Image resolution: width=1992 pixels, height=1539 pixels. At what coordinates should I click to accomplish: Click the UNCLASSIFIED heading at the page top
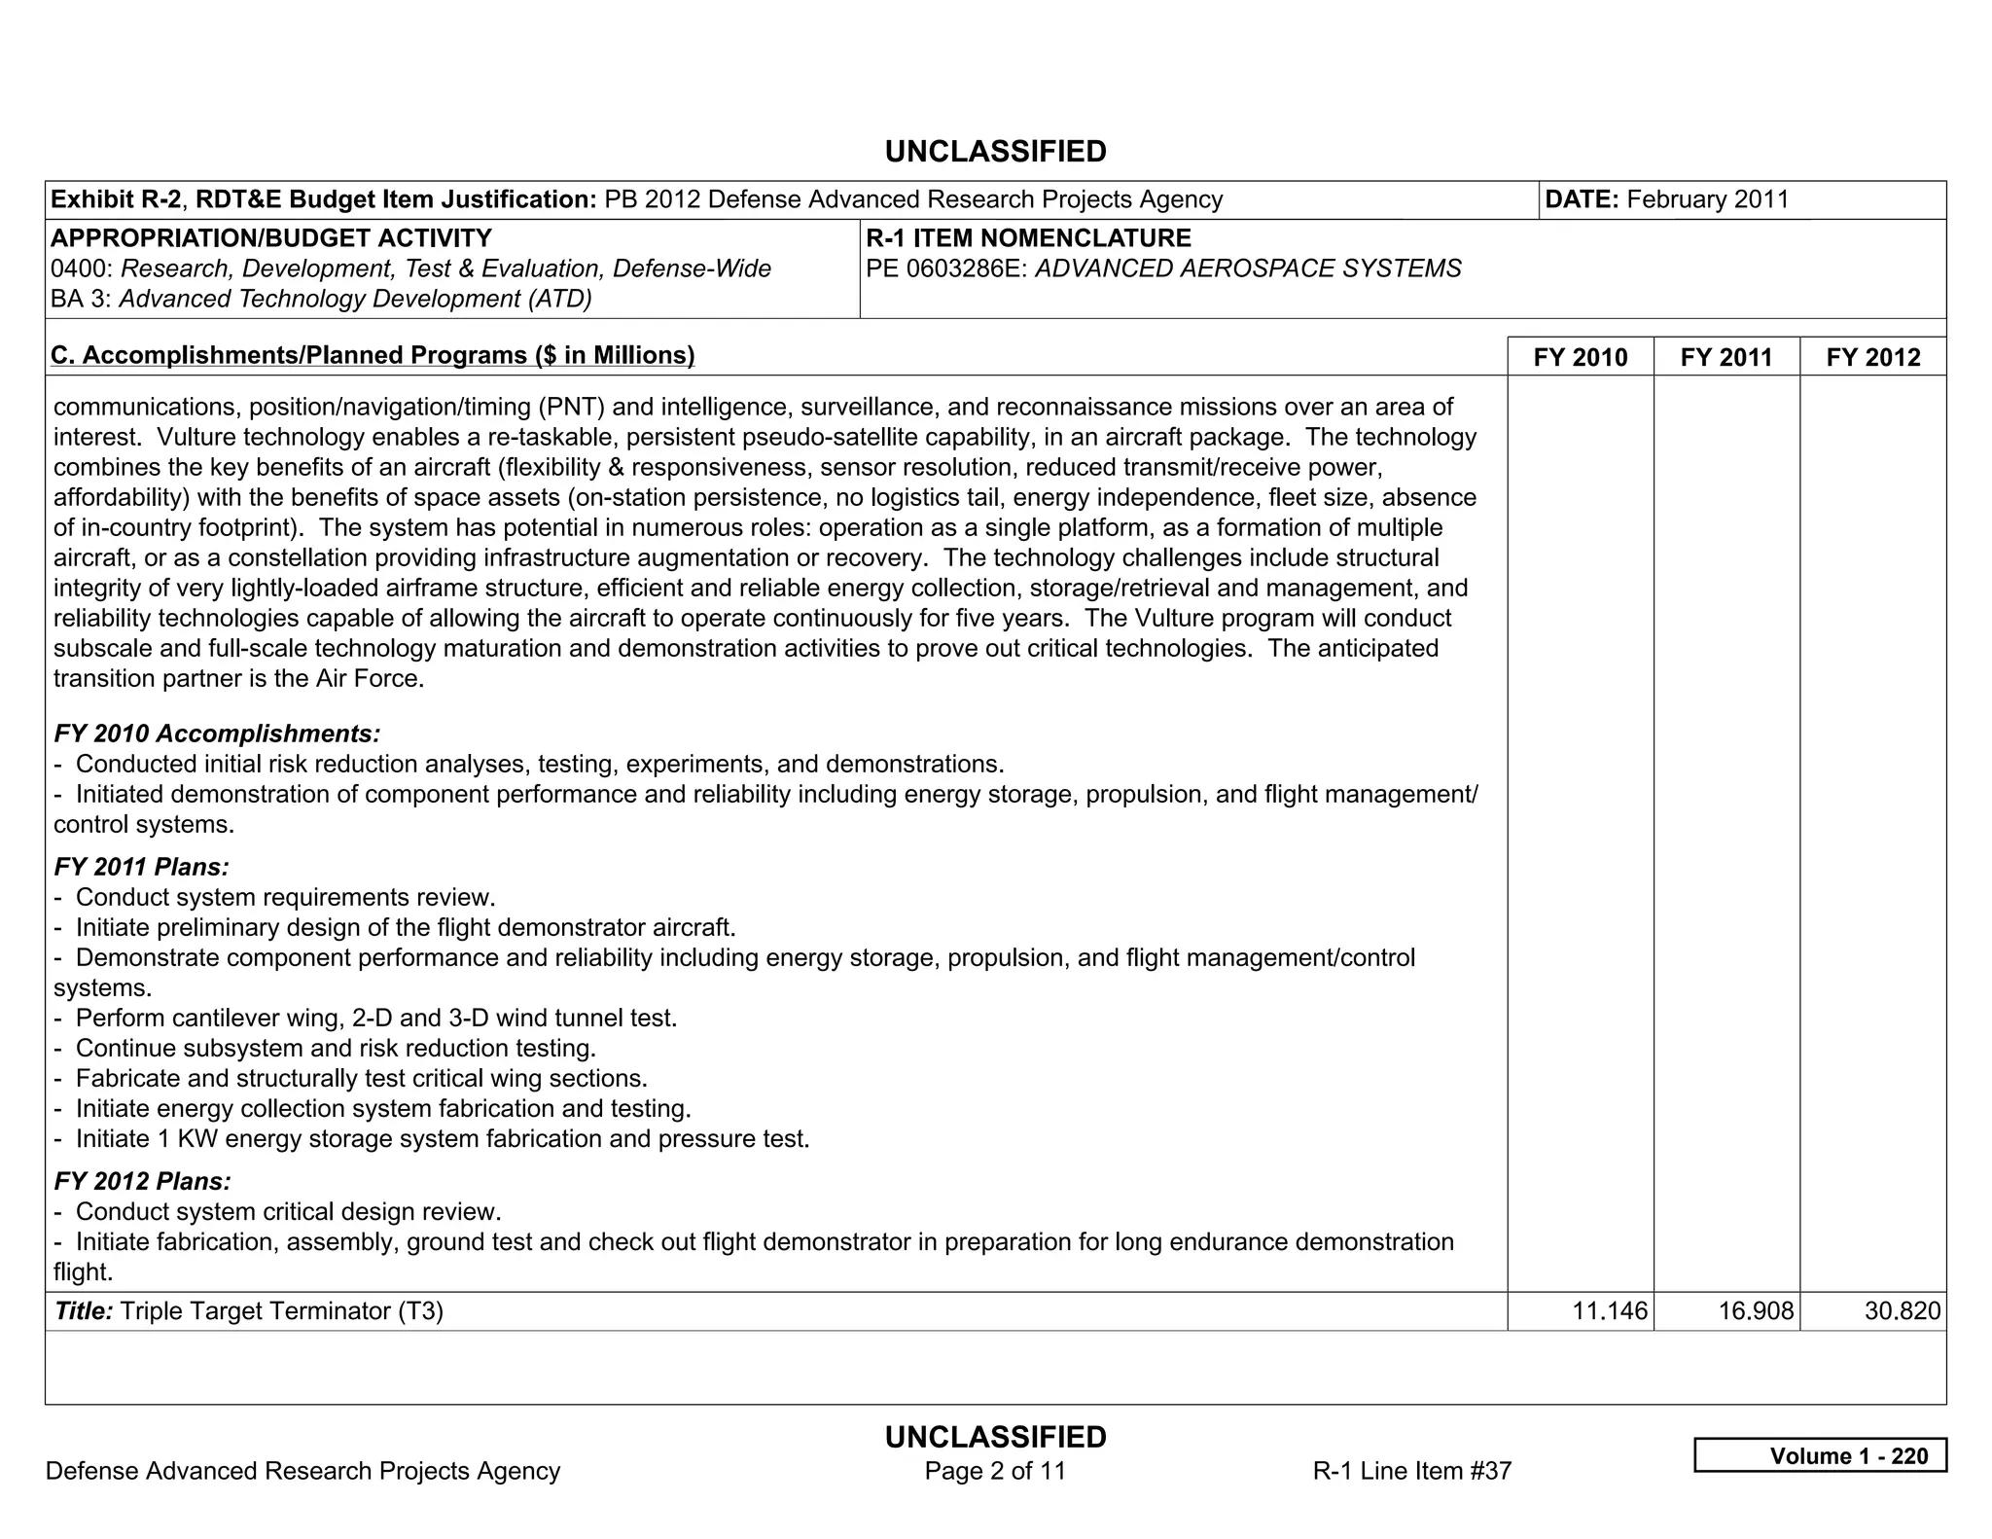point(995,152)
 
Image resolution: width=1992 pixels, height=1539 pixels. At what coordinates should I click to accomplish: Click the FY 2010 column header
point(1580,357)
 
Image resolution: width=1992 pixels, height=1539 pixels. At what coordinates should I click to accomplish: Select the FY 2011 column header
point(1725,357)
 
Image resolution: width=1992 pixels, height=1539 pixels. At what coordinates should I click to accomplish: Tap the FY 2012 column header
point(1872,357)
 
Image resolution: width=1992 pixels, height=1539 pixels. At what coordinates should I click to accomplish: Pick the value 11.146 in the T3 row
point(1610,1311)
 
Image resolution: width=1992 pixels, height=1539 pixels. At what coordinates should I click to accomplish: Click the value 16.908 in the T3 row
point(1756,1311)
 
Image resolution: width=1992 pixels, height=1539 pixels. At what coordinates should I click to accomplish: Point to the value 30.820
point(1902,1311)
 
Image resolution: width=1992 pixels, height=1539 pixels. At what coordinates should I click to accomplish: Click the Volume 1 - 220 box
point(1820,1455)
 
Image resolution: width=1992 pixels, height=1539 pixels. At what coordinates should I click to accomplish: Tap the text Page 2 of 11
point(995,1471)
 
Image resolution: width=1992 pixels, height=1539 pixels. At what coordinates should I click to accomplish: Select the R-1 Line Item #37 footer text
point(1411,1471)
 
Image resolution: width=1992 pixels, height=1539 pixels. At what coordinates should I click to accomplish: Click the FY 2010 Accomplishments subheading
point(217,734)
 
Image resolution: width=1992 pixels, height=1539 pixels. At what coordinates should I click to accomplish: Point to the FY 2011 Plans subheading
point(142,867)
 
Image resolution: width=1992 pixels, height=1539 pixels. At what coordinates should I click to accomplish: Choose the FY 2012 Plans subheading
point(143,1181)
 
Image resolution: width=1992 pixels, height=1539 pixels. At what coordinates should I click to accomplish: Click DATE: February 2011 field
point(1666,199)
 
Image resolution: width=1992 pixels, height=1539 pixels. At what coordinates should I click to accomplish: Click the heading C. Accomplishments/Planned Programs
point(373,355)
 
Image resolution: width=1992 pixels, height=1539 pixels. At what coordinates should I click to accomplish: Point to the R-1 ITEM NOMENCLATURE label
point(1028,238)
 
